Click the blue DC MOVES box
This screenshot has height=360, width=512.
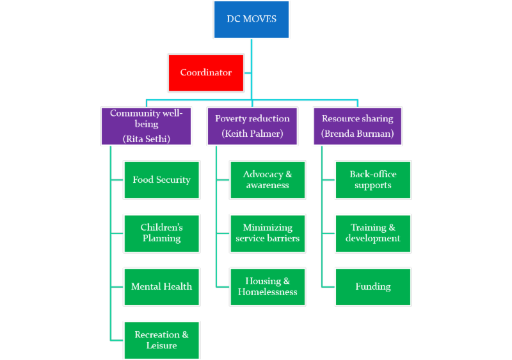tap(252, 20)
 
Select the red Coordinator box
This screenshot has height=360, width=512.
tap(205, 72)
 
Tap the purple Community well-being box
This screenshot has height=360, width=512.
tap(146, 125)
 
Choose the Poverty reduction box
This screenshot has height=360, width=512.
tap(252, 125)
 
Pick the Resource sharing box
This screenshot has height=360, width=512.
tap(357, 125)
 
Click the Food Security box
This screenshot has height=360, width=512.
tap(161, 180)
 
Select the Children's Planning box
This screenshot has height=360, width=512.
tap(161, 233)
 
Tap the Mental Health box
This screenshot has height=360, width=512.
tap(161, 286)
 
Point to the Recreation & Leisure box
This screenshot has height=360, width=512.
tap(161, 340)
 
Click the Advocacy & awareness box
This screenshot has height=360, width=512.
tap(268, 180)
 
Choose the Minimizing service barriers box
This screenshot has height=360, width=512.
tap(268, 233)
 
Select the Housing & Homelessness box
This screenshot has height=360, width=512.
tap(268, 286)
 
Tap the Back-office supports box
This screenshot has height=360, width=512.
tap(372, 180)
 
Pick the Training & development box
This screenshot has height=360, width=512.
tap(372, 233)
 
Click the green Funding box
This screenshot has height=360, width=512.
tap(372, 286)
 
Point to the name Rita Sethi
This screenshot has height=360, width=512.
tap(146, 138)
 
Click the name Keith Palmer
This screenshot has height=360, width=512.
tap(252, 134)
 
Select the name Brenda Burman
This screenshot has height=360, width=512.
tap(357, 134)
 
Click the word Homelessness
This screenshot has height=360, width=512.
tap(268, 292)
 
